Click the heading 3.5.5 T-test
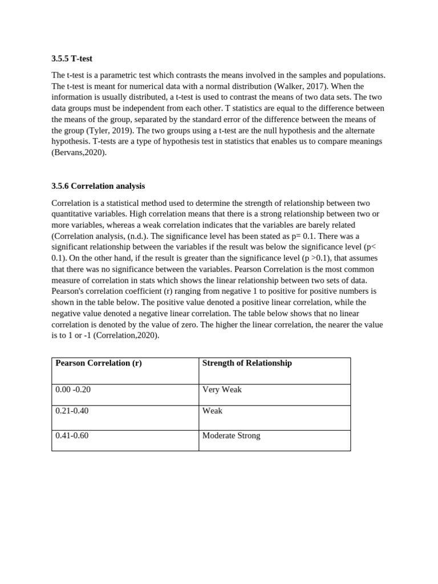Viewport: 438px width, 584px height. click(72, 58)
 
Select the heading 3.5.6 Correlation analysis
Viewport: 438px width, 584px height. click(98, 186)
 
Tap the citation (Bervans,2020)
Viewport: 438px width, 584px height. click(79, 152)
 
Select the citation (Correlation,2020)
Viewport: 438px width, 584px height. click(127, 335)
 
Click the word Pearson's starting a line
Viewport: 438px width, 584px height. click(69, 291)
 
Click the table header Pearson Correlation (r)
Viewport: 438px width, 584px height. click(99, 363)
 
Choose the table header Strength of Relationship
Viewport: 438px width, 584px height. click(247, 363)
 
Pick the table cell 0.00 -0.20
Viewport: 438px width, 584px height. click(73, 390)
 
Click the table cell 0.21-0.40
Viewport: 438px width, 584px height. click(72, 411)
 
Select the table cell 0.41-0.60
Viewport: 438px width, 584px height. click(72, 436)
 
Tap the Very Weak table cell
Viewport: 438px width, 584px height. click(222, 390)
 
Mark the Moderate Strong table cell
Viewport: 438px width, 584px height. click(231, 436)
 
